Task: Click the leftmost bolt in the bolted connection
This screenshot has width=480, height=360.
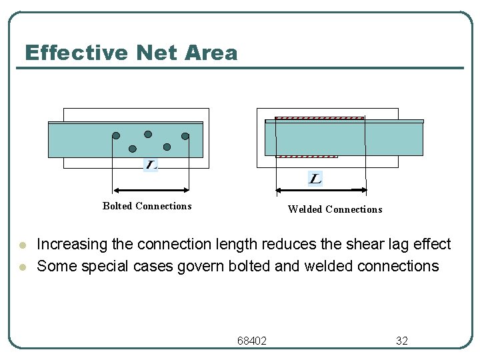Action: click(116, 135)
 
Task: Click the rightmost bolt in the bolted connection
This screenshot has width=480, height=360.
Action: click(185, 136)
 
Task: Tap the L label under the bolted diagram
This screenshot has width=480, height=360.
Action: click(151, 165)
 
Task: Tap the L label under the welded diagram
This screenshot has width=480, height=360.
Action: click(315, 178)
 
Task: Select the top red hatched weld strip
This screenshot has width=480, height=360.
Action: click(319, 118)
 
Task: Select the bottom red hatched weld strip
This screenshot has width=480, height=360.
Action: click(307, 156)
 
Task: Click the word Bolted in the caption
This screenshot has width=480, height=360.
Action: click(117, 206)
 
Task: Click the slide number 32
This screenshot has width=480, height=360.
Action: click(402, 341)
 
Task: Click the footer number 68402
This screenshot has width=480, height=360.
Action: click(252, 341)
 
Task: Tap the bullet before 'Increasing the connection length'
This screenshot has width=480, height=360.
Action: click(22, 245)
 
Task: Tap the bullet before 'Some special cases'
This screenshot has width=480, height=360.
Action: click(22, 267)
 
